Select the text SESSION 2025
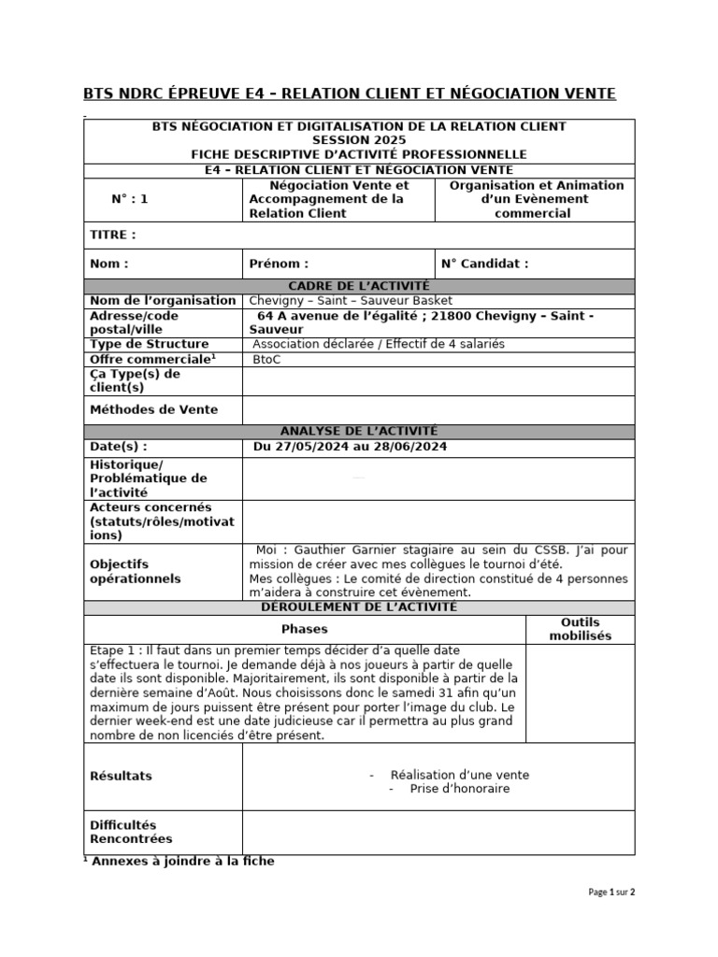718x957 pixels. pos(359,140)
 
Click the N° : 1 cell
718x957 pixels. pos(130,199)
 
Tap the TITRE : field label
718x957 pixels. pos(112,235)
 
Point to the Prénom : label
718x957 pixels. pos(279,264)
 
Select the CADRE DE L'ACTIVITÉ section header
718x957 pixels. pos(359,286)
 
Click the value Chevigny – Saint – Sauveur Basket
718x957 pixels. pos(351,300)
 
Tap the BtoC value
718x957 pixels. pos(266,359)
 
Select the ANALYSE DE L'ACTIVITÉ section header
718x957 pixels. pos(359,431)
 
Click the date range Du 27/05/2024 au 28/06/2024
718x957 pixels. pos(350,447)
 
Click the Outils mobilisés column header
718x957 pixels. pos(580,629)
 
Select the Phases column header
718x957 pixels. pos(305,630)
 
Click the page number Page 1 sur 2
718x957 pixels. pos(611,893)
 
